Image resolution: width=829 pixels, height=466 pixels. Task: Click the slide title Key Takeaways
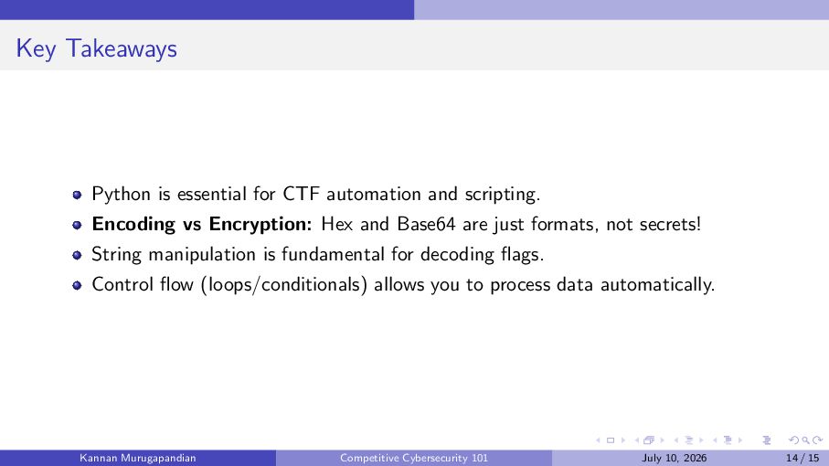point(96,49)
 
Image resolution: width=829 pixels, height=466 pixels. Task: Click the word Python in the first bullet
point(121,195)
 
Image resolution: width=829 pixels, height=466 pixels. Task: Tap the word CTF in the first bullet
point(302,194)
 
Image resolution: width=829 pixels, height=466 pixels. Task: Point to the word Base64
point(426,224)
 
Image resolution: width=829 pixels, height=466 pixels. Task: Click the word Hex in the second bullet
point(336,224)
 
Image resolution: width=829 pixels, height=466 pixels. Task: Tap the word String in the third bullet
point(116,255)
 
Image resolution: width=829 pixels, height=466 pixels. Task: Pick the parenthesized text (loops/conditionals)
point(284,285)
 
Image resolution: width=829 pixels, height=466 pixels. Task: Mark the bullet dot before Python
point(77,195)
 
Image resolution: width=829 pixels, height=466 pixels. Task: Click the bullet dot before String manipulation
point(77,255)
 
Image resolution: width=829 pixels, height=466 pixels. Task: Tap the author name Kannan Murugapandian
point(138,458)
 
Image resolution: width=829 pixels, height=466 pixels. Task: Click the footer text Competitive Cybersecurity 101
point(414,458)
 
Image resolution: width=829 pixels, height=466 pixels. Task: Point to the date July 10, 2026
point(675,458)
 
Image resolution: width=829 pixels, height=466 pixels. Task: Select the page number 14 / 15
point(802,458)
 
